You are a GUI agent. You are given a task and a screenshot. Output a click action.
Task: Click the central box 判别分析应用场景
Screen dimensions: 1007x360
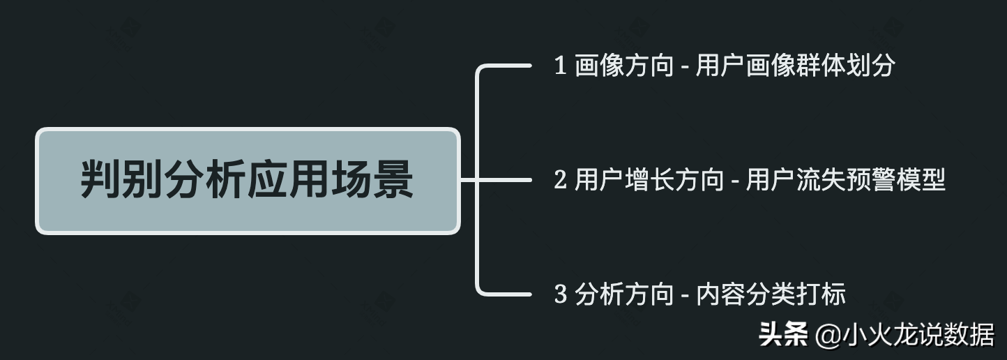pyautogui.click(x=248, y=181)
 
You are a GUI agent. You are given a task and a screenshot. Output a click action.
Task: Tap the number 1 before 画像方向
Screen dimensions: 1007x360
pyautogui.click(x=560, y=66)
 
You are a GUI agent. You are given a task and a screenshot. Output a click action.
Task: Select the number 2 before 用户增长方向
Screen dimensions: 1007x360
pyautogui.click(x=560, y=181)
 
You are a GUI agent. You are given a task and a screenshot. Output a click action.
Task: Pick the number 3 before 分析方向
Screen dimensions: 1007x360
pyautogui.click(x=560, y=294)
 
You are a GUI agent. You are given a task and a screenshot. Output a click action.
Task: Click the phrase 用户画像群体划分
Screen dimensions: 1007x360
pyautogui.click(x=796, y=66)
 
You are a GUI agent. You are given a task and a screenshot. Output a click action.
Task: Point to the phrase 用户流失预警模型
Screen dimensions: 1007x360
pyautogui.click(x=846, y=181)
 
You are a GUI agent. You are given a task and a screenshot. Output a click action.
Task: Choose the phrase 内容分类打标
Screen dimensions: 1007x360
pyautogui.click(x=771, y=294)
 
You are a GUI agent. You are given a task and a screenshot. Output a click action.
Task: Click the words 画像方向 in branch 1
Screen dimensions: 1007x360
pyautogui.click(x=625, y=66)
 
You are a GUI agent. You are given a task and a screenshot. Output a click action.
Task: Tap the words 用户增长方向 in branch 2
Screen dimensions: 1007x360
pyautogui.click(x=649, y=181)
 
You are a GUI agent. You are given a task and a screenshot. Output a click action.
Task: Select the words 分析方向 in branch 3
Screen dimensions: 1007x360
pyautogui.click(x=625, y=294)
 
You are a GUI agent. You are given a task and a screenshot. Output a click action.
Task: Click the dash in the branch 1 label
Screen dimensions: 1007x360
pyautogui.click(x=685, y=68)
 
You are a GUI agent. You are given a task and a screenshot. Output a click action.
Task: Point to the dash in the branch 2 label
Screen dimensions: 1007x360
pyautogui.click(x=735, y=182)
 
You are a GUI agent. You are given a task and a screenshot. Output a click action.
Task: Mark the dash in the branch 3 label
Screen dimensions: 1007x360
pyautogui.click(x=685, y=296)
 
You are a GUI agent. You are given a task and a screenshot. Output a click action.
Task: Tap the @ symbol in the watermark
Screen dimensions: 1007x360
pyautogui.click(x=826, y=336)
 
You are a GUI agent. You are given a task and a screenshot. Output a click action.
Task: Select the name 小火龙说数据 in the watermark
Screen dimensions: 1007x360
pyautogui.click(x=918, y=335)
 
